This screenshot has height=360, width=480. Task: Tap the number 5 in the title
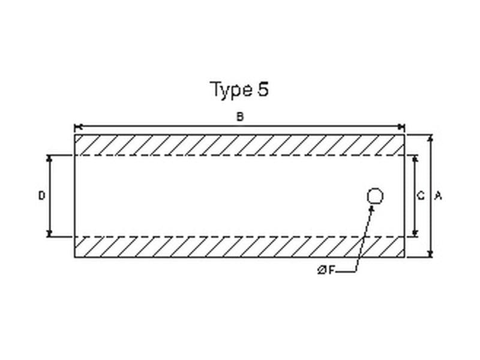pos(263,89)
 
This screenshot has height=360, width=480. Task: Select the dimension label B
pos(239,117)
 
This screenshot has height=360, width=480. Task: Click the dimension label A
pos(438,196)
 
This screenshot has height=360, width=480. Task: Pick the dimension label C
pos(421,196)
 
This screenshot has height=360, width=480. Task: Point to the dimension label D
pos(41,196)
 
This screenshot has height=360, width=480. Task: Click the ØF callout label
pos(326,271)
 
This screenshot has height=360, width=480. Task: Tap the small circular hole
pos(375,196)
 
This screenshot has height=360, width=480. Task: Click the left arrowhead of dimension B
pos(77,127)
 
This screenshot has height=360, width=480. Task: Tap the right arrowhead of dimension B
pos(401,127)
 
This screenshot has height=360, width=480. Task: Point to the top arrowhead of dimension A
pos(430,138)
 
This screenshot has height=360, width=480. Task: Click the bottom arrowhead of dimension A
pos(430,254)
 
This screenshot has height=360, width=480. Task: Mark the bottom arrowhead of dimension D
pos(50,233)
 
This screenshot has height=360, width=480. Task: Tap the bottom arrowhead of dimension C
pos(414,233)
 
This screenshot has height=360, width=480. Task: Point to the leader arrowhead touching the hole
pos(372,208)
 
